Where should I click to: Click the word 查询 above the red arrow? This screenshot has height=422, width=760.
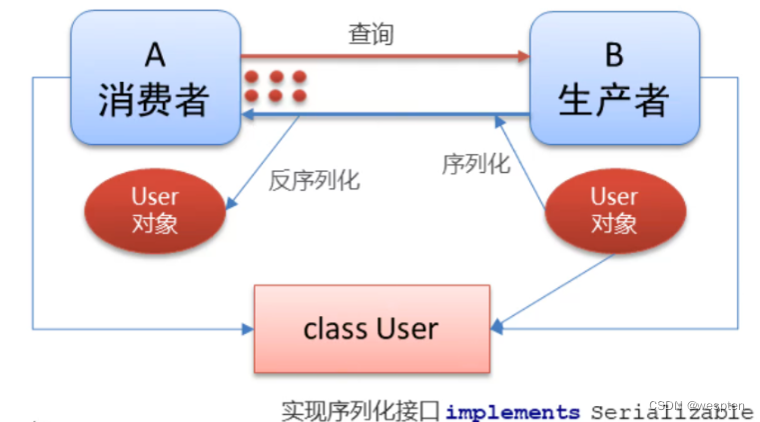pos(371,34)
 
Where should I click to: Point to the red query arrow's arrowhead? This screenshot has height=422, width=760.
pos(523,56)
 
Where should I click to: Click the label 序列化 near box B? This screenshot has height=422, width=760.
pos(475,163)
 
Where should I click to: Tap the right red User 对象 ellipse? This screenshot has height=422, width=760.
pos(613,209)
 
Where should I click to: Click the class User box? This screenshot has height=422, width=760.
pos(372,327)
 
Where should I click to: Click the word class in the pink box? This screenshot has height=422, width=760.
pos(332,328)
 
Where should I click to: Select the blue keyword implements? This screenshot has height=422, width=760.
pos(512,412)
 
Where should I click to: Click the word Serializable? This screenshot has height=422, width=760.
pos(671,412)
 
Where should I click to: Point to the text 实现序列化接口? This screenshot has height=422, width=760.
pos(362,411)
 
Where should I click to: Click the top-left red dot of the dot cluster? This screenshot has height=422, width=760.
pos(252,76)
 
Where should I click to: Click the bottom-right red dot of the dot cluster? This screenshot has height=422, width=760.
pos(298,96)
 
